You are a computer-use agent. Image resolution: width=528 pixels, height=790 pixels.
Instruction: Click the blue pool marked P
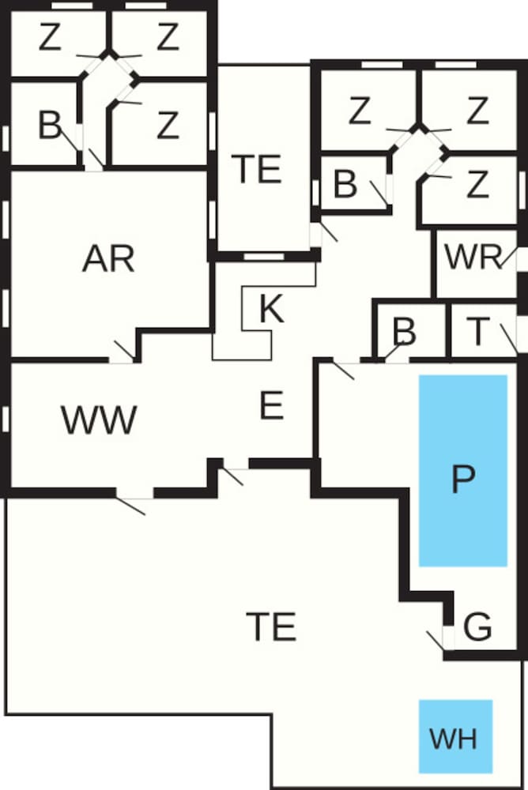(463, 471)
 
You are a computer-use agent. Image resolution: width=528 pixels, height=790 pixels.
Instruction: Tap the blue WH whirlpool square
(455, 736)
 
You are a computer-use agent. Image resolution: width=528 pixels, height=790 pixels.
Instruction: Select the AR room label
(108, 259)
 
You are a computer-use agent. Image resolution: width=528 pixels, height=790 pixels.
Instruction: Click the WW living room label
(99, 419)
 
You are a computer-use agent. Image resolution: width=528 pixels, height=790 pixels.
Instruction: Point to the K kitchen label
(271, 308)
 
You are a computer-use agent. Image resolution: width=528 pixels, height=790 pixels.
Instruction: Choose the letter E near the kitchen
(271, 405)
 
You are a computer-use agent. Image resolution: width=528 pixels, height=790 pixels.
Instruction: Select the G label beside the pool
(477, 627)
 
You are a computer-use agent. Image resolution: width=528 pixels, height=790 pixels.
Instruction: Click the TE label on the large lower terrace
(271, 626)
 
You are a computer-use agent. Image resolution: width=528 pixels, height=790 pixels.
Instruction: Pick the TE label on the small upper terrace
(256, 169)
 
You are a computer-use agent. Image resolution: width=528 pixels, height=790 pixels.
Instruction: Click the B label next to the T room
(405, 332)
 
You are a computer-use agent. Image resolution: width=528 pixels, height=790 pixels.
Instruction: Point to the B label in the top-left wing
(50, 126)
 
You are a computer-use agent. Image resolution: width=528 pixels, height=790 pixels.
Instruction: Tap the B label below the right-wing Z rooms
(345, 184)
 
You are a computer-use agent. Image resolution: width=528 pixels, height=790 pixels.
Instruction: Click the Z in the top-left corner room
(50, 38)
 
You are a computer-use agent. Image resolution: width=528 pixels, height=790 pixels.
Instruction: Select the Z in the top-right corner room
(477, 111)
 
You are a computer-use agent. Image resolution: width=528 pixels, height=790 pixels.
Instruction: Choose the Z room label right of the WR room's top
(477, 184)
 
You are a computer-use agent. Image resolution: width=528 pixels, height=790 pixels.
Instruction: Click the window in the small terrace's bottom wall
(264, 257)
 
